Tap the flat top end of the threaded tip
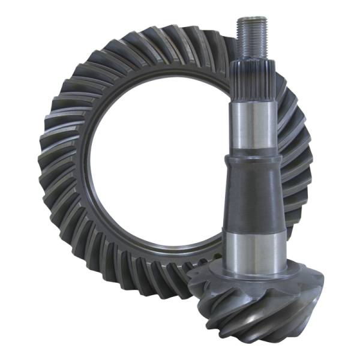pos(248,19)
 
